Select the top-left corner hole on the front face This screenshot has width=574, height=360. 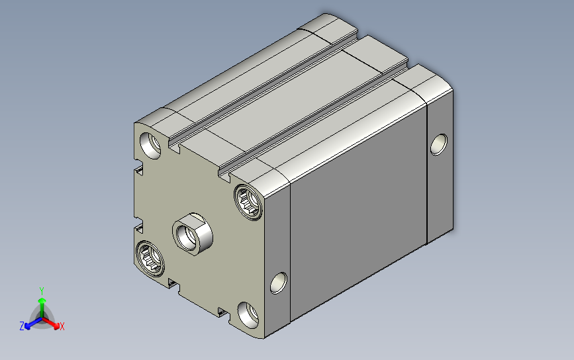pyautogui.click(x=151, y=144)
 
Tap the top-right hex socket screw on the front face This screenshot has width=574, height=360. pyautogui.click(x=250, y=201)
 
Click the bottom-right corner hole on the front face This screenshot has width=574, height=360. pyautogui.click(x=248, y=314)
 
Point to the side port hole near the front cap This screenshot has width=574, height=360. pyautogui.click(x=279, y=283)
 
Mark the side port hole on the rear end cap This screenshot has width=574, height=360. pyautogui.click(x=438, y=144)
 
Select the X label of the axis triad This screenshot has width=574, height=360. pyautogui.click(x=62, y=326)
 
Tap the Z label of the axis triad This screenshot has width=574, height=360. pyautogui.click(x=22, y=326)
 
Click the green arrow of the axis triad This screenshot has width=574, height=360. pyautogui.click(x=42, y=304)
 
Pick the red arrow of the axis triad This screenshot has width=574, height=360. pyautogui.click(x=54, y=324)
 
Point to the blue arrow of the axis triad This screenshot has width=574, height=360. pyautogui.click(x=30, y=324)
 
